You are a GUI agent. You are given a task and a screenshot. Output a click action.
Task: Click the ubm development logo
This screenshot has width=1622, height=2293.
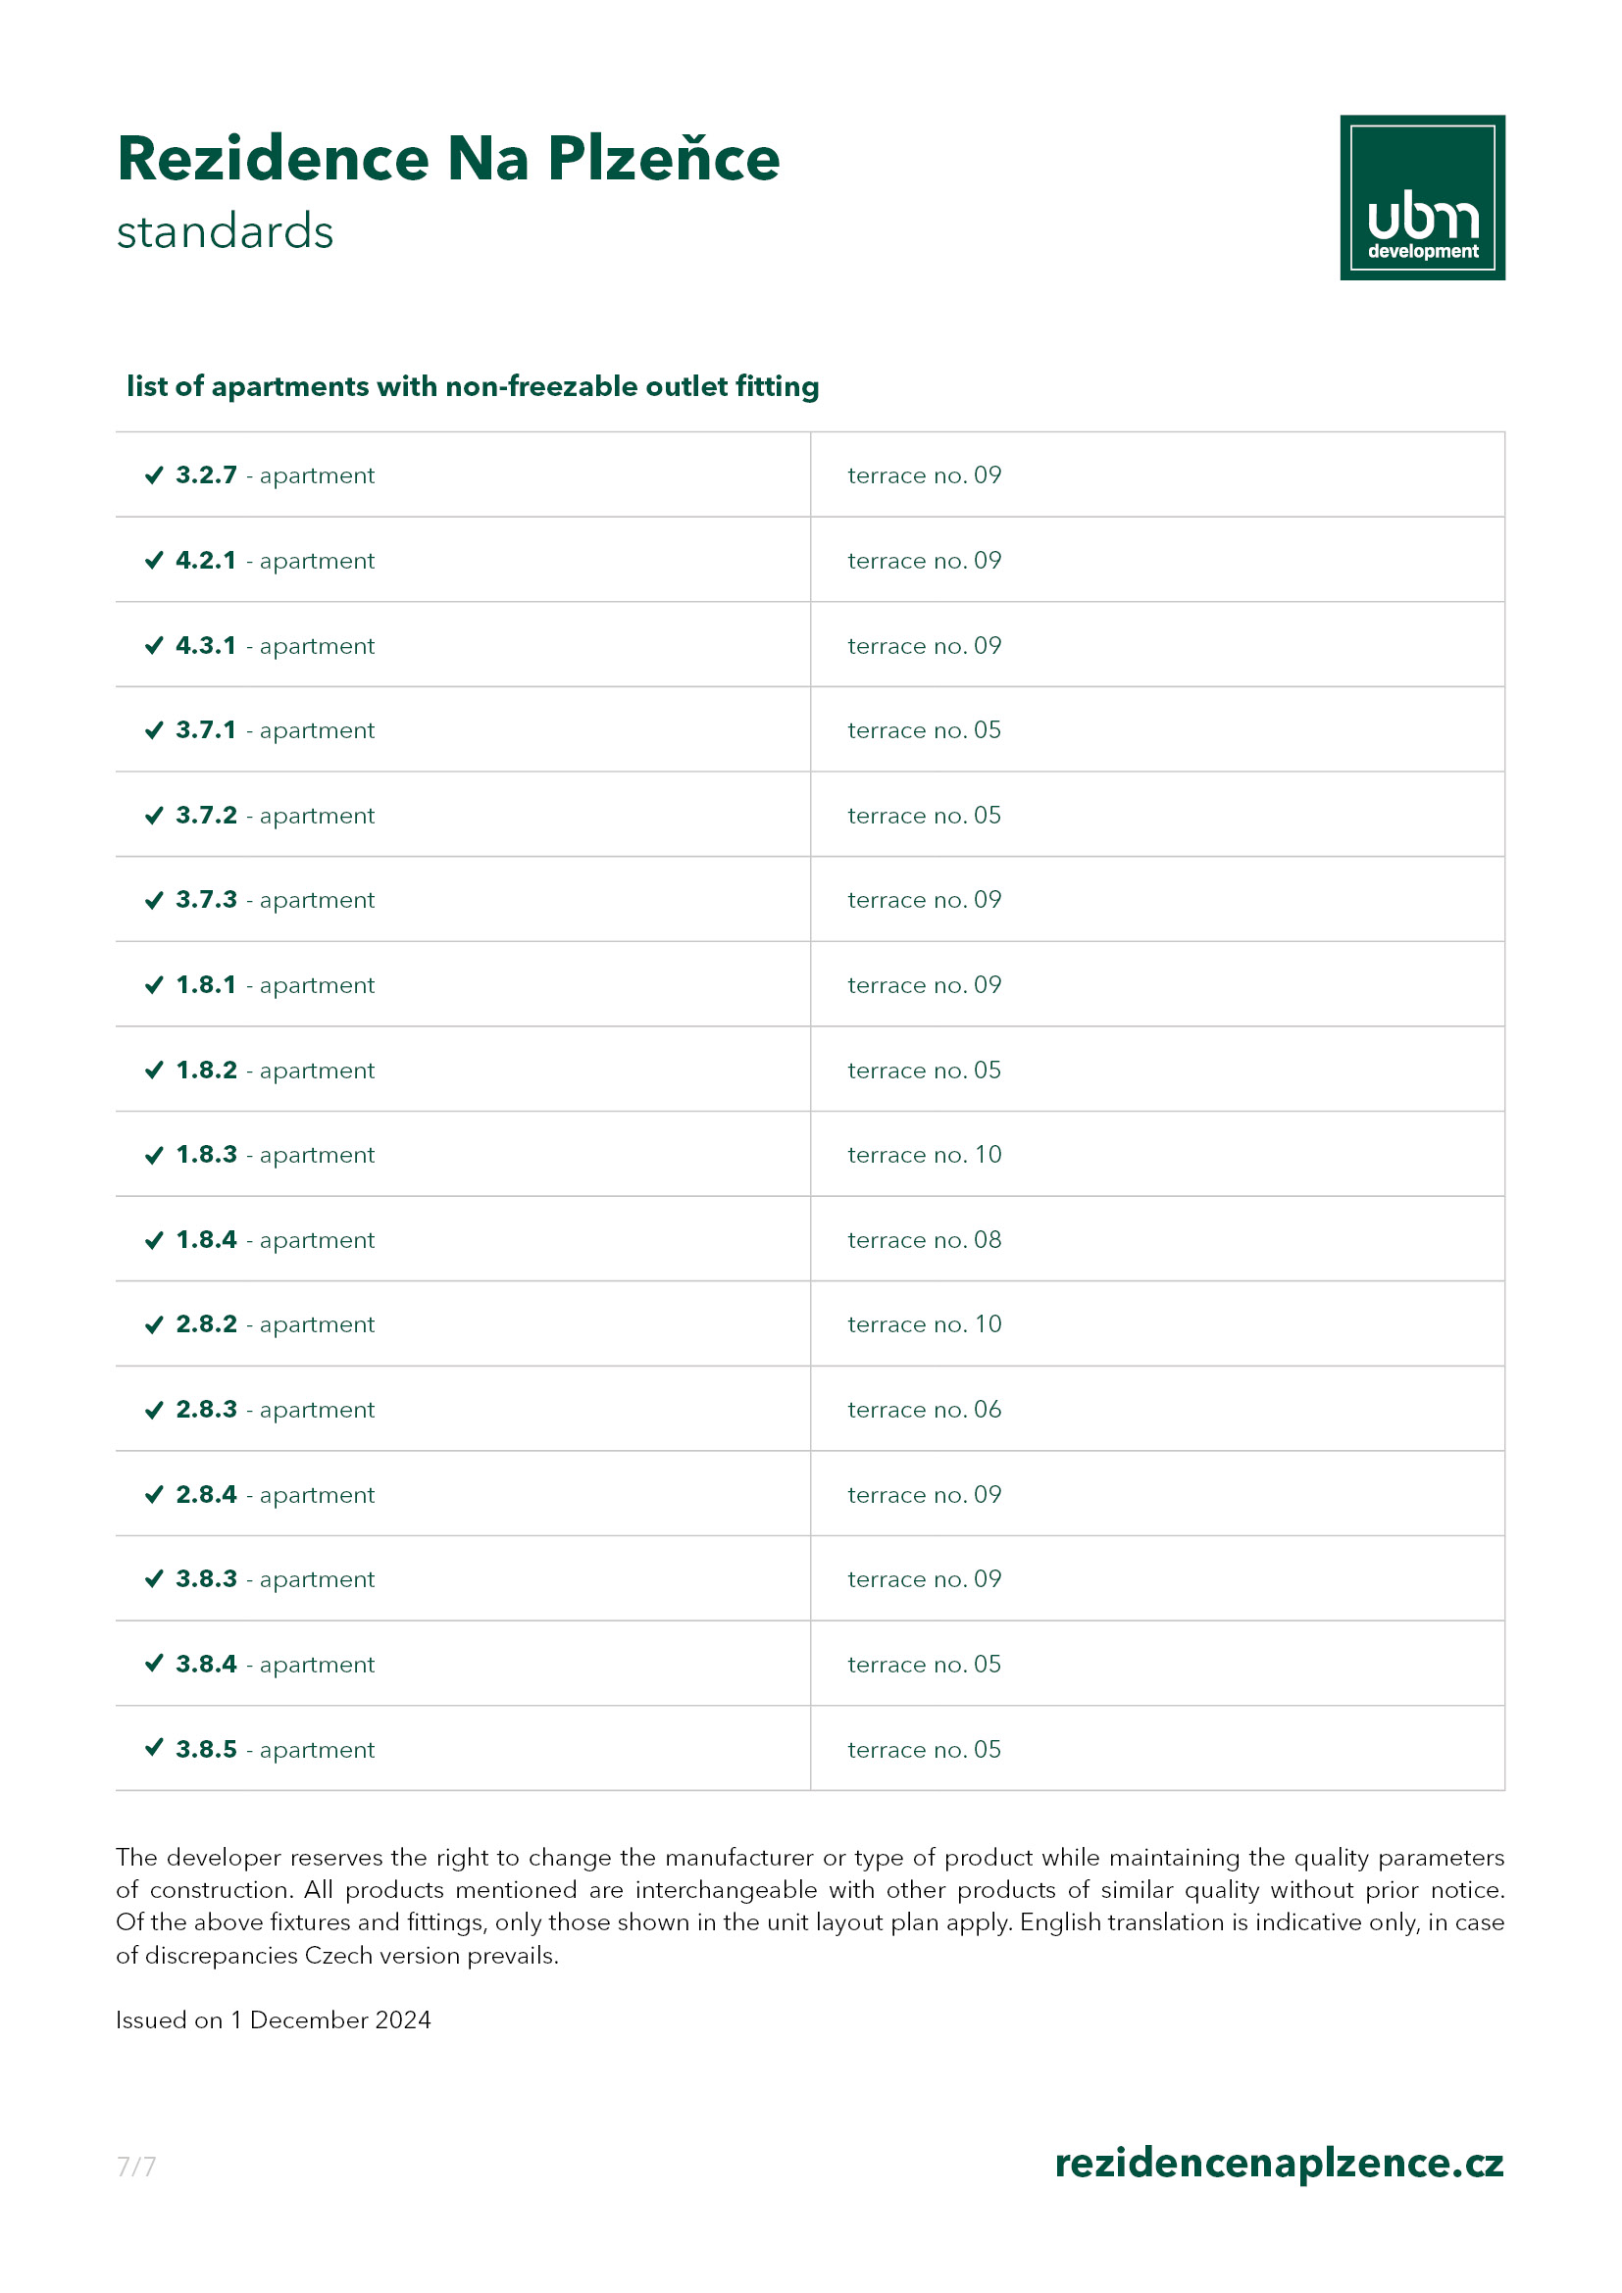tap(1421, 198)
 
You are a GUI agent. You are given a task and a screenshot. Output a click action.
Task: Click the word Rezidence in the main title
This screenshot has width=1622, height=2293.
tap(273, 159)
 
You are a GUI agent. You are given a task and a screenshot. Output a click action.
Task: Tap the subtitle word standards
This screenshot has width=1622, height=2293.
tap(225, 231)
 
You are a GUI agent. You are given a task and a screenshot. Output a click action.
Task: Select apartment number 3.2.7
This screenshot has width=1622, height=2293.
tap(206, 475)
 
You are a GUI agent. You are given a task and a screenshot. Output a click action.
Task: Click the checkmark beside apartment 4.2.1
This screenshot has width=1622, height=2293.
tap(154, 561)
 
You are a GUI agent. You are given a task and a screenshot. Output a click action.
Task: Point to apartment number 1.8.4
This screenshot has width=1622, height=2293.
tap(206, 1239)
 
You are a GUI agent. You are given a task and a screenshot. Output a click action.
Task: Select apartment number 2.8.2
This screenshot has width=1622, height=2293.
tap(206, 1324)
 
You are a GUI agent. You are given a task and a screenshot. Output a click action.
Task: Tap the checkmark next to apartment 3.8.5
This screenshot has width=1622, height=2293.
tap(154, 1748)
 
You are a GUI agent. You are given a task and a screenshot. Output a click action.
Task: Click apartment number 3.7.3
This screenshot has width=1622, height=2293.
tap(206, 900)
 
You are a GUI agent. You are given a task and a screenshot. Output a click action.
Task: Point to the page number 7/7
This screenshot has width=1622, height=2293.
tap(136, 2167)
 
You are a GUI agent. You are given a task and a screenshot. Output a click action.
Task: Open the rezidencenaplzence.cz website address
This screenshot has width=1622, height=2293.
tap(1279, 2164)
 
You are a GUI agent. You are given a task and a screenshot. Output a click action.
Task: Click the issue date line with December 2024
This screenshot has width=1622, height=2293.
tap(273, 2019)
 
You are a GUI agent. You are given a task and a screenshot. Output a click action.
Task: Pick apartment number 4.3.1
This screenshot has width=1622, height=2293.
tap(206, 645)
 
